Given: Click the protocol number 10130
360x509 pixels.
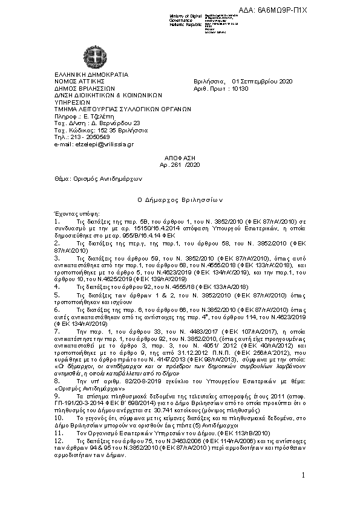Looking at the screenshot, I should pos(240,88).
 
